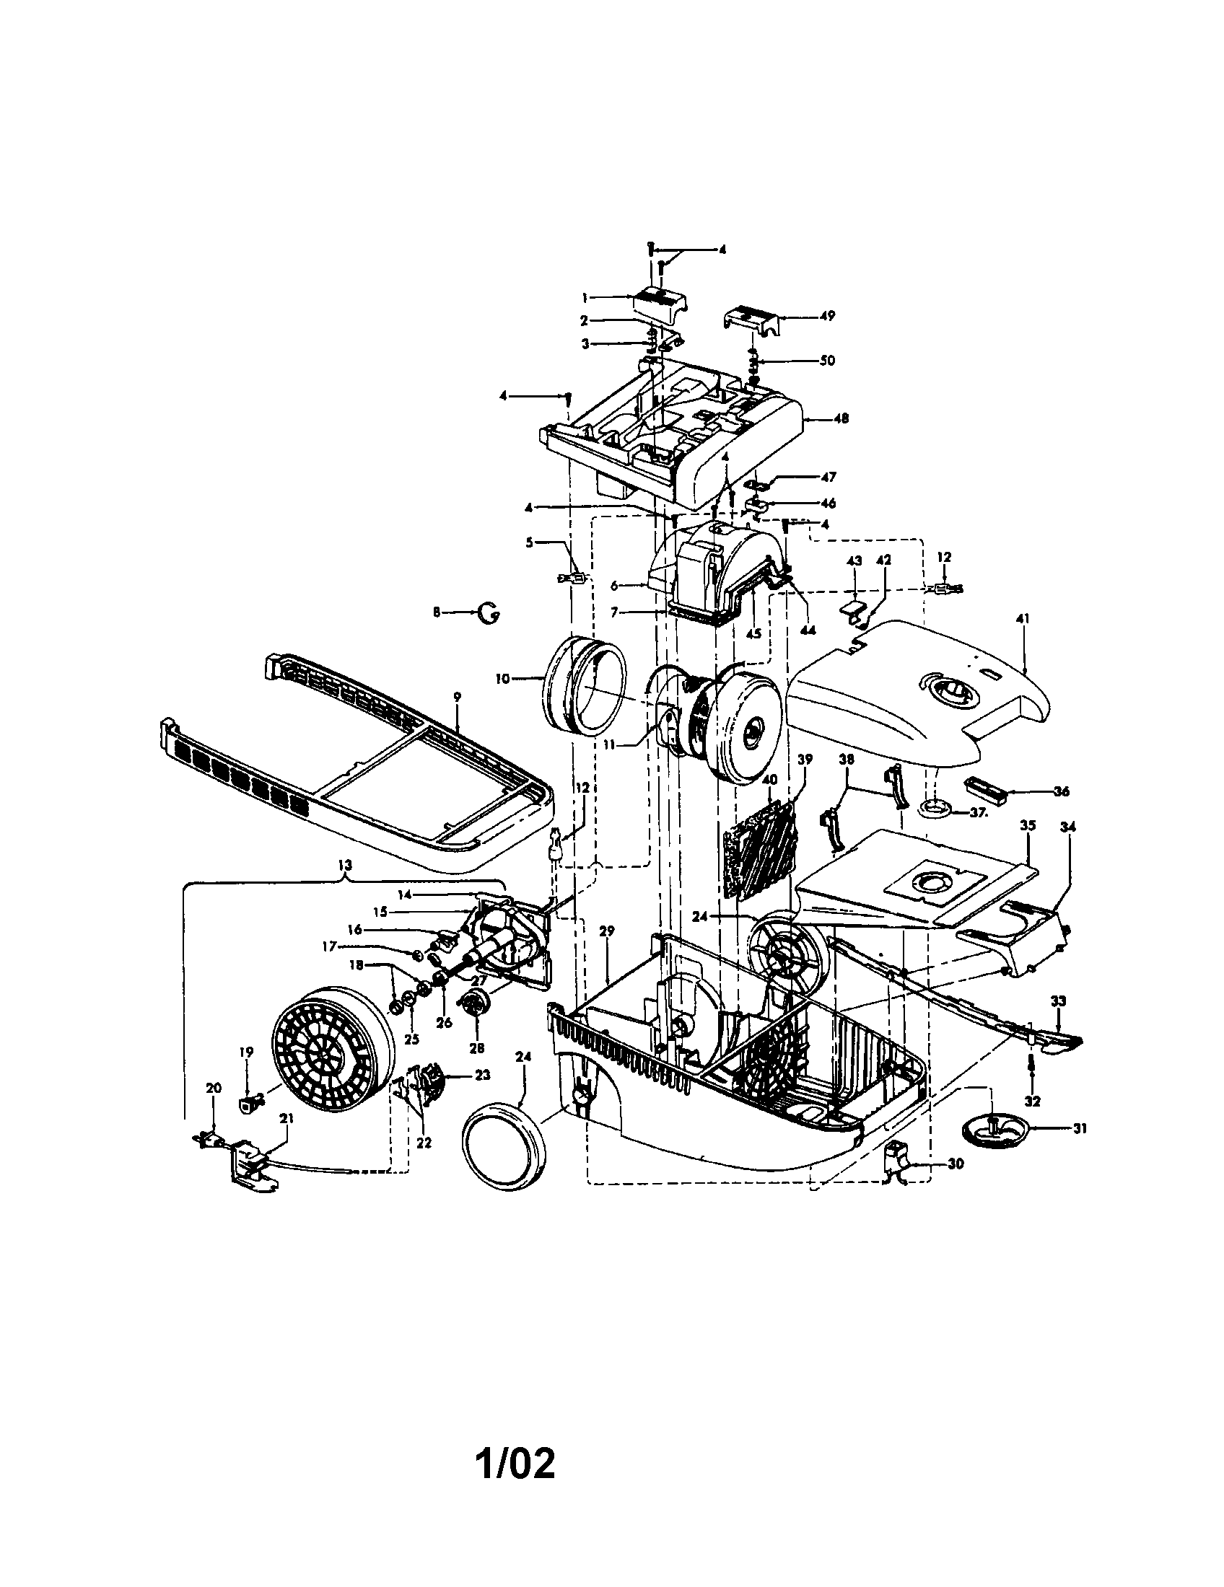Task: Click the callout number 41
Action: [x=1023, y=618]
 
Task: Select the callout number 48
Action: [x=841, y=419]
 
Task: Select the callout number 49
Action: [x=827, y=316]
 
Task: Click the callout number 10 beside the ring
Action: [x=502, y=679]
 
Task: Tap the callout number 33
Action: [x=1058, y=1001]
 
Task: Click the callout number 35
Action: [x=1027, y=825]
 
